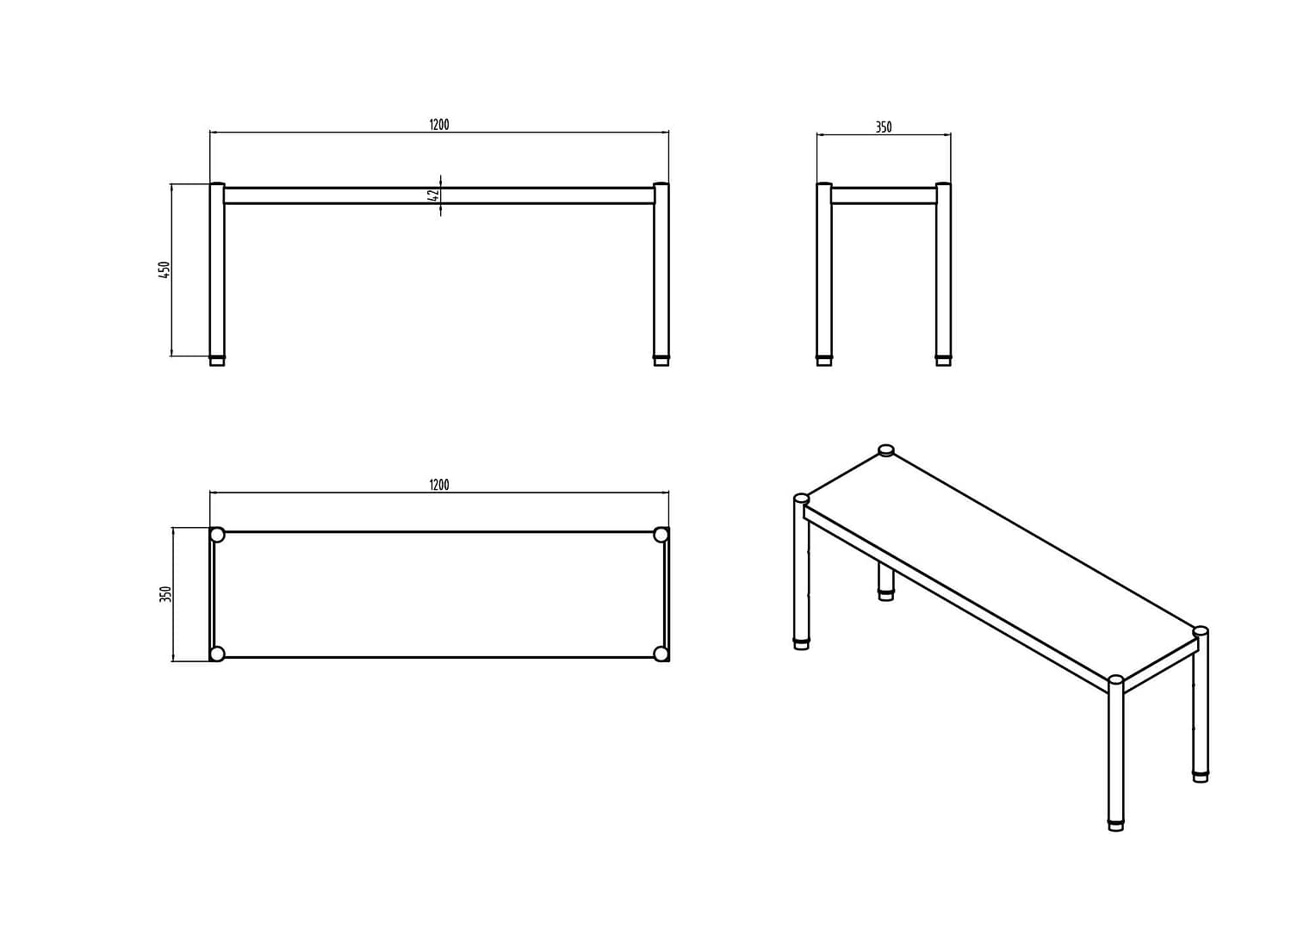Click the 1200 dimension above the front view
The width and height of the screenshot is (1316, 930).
(439, 125)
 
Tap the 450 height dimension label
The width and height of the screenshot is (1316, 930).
(164, 269)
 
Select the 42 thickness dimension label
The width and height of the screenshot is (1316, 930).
(434, 195)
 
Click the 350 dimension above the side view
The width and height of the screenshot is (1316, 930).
(884, 127)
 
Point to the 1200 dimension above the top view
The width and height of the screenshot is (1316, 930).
(439, 485)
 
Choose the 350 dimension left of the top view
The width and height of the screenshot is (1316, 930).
(165, 594)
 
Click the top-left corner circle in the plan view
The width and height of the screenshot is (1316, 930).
(217, 535)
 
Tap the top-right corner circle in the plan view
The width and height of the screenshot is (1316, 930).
(661, 535)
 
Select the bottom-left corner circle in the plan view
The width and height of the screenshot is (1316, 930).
(217, 654)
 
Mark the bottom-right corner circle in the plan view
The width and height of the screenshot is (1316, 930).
(661, 654)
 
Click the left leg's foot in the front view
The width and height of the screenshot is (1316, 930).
(217, 360)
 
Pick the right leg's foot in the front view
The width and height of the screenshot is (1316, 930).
(661, 360)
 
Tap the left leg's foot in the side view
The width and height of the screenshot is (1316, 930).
(824, 360)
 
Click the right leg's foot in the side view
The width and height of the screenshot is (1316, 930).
(943, 360)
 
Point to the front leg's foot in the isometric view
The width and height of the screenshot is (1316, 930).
(1115, 824)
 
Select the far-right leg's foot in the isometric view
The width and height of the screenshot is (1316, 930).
(1201, 776)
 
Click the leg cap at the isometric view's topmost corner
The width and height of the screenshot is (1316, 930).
(886, 449)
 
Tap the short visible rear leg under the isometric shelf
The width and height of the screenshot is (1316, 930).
(886, 582)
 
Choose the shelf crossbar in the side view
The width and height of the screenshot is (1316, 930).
(884, 195)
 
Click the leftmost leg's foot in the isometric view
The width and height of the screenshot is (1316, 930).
(802, 642)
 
